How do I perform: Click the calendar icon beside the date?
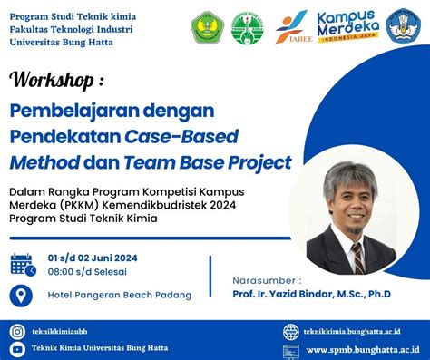point(22,264)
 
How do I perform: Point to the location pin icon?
point(20,295)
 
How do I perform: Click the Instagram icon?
point(17,332)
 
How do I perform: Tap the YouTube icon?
point(17,349)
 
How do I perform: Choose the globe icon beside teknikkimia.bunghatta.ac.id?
point(290,332)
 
